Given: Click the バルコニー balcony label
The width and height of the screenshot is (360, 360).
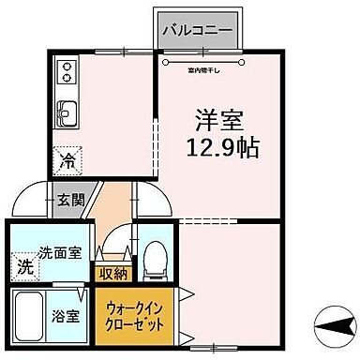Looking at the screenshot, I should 197,29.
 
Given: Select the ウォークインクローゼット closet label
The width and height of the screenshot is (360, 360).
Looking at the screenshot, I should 133,315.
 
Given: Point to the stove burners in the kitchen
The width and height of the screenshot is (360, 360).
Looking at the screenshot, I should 67,71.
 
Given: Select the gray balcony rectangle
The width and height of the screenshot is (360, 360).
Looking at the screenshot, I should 196,30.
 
